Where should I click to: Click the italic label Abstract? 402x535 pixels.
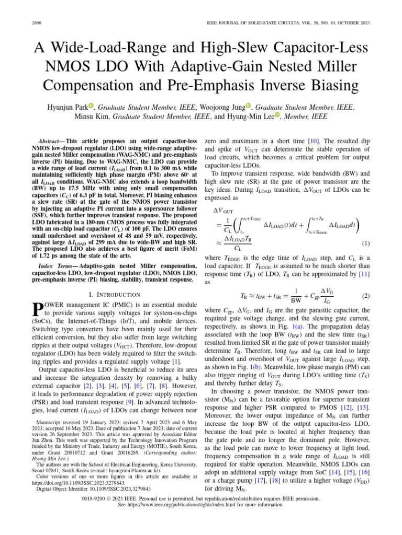click(x=51, y=142)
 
